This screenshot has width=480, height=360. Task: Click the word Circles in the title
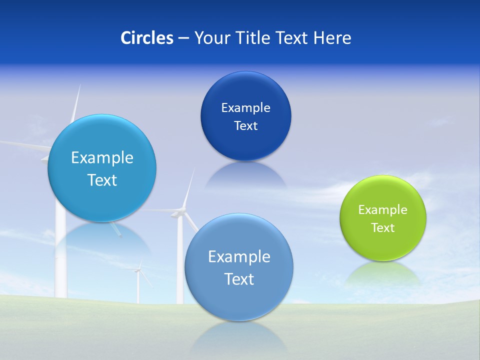tap(146, 38)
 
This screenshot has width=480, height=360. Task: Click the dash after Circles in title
tap(183, 38)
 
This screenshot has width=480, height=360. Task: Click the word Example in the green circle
tap(383, 210)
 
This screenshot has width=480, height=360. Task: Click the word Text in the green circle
tap(383, 228)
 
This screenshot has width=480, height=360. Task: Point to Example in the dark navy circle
tap(246, 108)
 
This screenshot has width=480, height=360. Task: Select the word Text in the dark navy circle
tap(246, 126)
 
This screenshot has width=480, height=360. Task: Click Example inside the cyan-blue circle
tap(102, 158)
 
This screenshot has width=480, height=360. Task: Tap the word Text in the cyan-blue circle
tap(102, 180)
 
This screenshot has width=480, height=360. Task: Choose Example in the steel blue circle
tap(239, 257)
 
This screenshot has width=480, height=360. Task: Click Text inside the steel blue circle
tap(239, 279)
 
